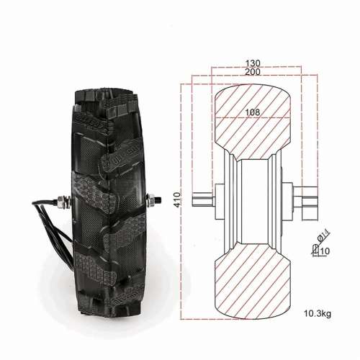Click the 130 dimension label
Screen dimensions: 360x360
[253, 63]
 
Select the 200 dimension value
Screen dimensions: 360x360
[253, 72]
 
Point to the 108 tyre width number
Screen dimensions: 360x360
[253, 112]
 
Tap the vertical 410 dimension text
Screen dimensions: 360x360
[177, 199]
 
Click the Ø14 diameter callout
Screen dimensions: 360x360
[323, 235]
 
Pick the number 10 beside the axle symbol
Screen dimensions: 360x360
[325, 251]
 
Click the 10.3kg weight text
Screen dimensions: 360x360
[318, 313]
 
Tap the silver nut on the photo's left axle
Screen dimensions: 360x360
[63, 201]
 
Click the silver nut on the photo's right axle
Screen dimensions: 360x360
[152, 201]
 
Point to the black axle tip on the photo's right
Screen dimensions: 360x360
[158, 200]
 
